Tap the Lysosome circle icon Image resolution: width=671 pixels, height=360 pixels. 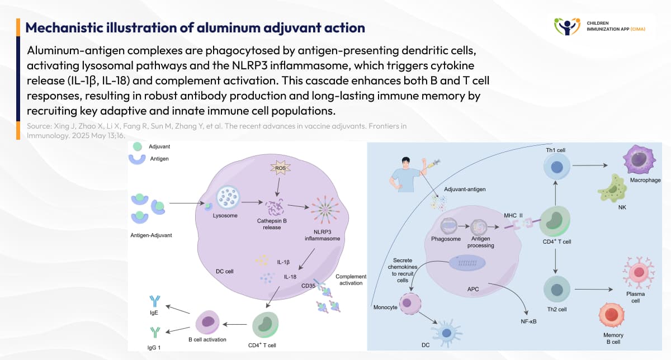(229, 198)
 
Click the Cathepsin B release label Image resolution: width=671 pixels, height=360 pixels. (272, 224)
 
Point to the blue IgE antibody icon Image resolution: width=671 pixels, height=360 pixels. (154, 302)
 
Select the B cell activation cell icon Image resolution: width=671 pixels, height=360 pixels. (207, 322)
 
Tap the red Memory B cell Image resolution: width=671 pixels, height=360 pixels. (612, 315)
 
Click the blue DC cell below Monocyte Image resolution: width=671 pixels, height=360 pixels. (446, 333)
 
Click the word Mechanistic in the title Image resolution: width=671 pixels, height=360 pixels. (61, 27)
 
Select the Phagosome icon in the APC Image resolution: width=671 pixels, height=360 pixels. (451, 226)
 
